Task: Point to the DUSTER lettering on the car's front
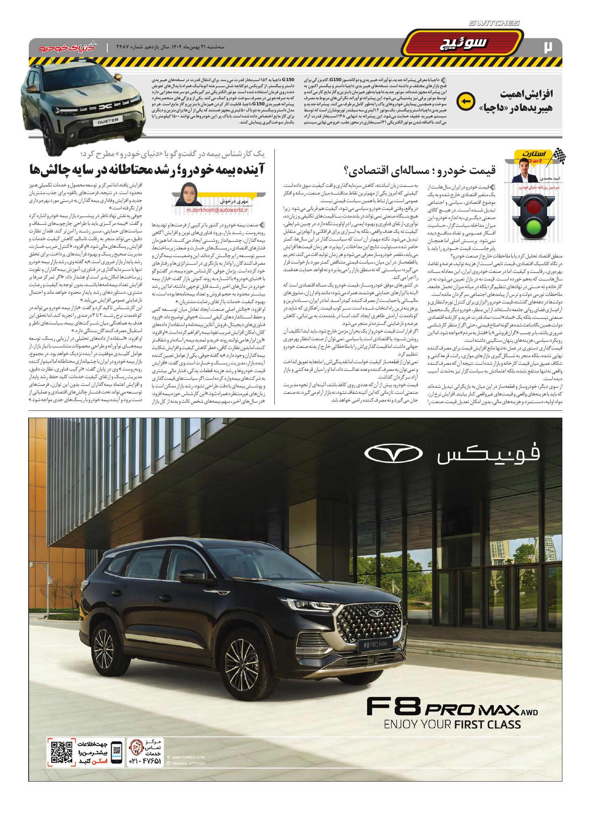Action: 108,121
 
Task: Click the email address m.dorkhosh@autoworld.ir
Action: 217,210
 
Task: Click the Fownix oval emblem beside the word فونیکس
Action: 394,454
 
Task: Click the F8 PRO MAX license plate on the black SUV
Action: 376,634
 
